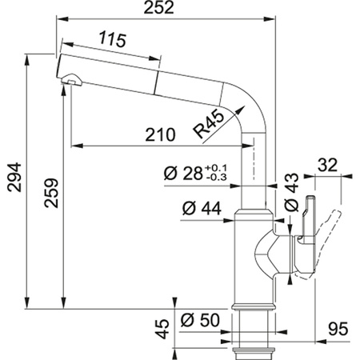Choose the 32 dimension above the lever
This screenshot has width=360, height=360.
(327, 166)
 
